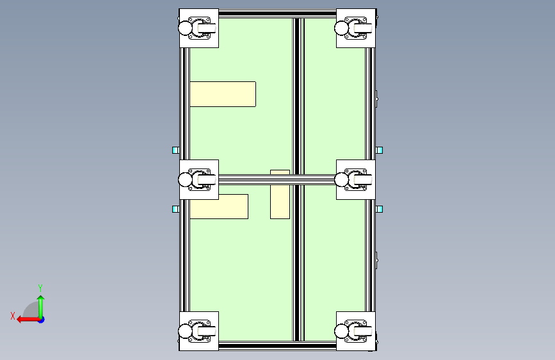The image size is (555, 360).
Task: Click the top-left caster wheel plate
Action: pyautogui.click(x=199, y=28)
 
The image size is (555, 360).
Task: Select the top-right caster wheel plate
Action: pyautogui.click(x=356, y=28)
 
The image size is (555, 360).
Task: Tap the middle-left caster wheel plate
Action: pyautogui.click(x=199, y=179)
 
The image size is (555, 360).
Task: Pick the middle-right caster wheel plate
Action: pyautogui.click(x=356, y=179)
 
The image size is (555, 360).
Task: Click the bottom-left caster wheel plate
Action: pyautogui.click(x=199, y=331)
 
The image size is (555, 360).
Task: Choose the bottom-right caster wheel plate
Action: pyautogui.click(x=356, y=331)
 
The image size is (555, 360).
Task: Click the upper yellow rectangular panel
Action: pyautogui.click(x=223, y=94)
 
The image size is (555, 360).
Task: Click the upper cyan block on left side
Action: pyautogui.click(x=175, y=151)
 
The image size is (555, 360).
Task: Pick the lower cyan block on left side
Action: pyautogui.click(x=175, y=209)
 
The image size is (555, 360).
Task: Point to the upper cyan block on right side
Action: pyautogui.click(x=380, y=151)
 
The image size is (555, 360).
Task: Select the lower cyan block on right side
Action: pyautogui.click(x=380, y=209)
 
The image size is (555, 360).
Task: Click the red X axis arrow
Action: pyautogui.click(x=28, y=320)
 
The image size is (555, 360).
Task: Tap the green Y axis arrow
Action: pyautogui.click(x=41, y=307)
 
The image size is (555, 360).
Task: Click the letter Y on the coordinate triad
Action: pyautogui.click(x=40, y=288)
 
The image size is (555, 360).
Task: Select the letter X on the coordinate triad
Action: pyautogui.click(x=13, y=316)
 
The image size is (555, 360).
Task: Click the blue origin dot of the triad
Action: pyautogui.click(x=42, y=320)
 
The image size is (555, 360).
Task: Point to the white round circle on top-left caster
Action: pyautogui.click(x=185, y=28)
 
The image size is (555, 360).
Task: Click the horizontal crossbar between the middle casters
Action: pyautogui.click(x=278, y=179)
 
